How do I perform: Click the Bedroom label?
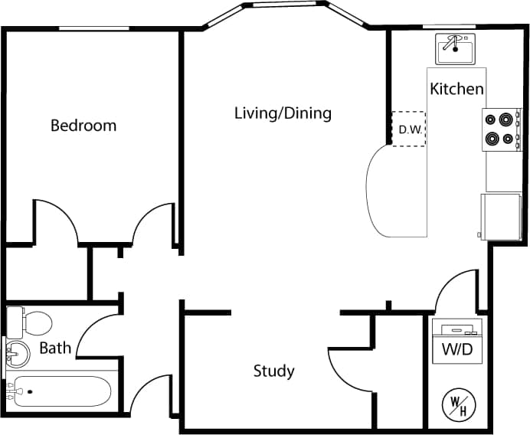83,125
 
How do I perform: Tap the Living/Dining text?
283,113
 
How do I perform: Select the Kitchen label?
456,89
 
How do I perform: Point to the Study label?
273,371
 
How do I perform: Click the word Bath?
55,348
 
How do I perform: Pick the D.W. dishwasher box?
409,129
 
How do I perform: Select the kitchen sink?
456,49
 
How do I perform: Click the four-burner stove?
501,129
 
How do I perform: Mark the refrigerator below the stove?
501,215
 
